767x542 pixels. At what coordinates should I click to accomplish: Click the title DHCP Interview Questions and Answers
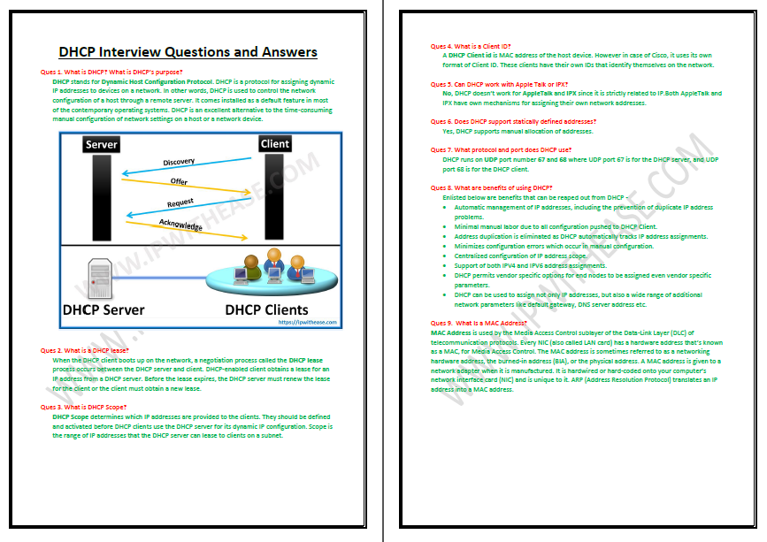tap(188, 52)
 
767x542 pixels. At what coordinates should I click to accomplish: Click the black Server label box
tap(102, 144)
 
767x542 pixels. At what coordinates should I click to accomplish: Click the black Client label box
tap(274, 143)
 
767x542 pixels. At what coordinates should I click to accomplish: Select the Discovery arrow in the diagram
tap(189, 167)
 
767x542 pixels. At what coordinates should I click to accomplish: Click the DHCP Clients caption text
tap(266, 309)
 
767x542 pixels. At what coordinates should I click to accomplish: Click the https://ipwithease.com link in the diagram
tap(309, 322)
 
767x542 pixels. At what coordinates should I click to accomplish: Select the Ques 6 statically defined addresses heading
tap(513, 121)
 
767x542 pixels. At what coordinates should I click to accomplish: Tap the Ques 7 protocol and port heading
tap(501, 149)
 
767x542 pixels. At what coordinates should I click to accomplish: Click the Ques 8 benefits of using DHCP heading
tap(491, 187)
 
